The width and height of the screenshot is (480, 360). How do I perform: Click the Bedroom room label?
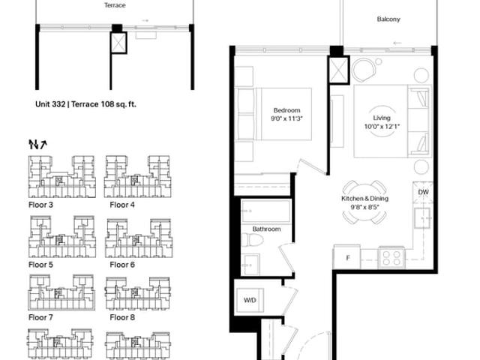point(286,110)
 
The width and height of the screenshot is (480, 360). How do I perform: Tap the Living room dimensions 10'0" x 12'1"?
point(382,127)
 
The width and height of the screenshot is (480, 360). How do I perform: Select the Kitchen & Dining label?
point(365,198)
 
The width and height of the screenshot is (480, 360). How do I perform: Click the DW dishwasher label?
point(423,192)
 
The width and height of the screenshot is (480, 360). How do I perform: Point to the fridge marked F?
point(346,257)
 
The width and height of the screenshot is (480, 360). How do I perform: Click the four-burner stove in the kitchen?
point(391,258)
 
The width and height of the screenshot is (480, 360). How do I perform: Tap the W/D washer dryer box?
point(250,300)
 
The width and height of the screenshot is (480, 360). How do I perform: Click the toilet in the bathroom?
point(252,240)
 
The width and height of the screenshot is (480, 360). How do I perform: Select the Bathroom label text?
point(266,229)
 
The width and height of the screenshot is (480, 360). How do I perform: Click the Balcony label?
point(388,19)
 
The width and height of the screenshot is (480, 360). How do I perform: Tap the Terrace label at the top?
point(115,5)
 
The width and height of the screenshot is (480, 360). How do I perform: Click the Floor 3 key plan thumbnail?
point(61,177)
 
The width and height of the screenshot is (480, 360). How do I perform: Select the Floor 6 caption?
point(122,265)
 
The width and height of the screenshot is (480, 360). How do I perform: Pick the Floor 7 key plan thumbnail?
point(61,292)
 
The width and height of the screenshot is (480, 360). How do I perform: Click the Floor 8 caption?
point(122,317)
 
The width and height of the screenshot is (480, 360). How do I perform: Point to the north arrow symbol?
point(37,144)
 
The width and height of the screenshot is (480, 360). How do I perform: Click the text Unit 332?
point(50,104)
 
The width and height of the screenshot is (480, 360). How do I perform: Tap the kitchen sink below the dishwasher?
point(422,218)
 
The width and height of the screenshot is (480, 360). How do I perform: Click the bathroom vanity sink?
point(250,265)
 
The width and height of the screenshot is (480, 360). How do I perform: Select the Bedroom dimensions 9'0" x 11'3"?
point(286,118)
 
